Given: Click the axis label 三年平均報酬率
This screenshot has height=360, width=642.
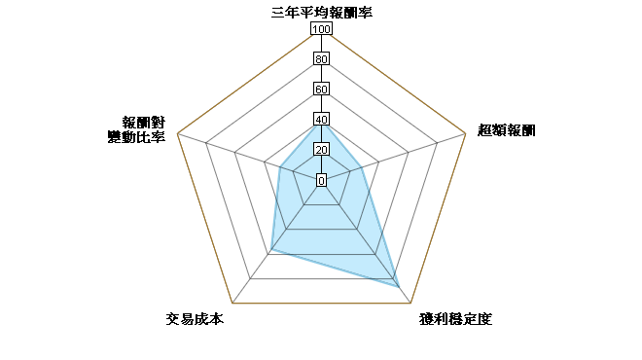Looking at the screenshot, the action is pyautogui.click(x=321, y=13).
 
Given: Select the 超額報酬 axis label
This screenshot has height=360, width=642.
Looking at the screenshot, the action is pyautogui.click(x=507, y=130).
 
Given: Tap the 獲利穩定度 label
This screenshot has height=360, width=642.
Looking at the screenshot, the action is pyautogui.click(x=455, y=318).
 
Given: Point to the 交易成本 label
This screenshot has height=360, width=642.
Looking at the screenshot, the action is pyautogui.click(x=195, y=318).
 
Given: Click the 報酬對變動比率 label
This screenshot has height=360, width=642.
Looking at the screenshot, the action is pyautogui.click(x=136, y=129).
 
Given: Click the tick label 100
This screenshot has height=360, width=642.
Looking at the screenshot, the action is pyautogui.click(x=321, y=28).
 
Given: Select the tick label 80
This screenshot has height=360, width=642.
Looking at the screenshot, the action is pyautogui.click(x=321, y=59).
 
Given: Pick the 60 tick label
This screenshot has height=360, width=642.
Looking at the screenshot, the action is pyautogui.click(x=321, y=90).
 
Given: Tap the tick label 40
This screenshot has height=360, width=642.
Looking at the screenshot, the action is pyautogui.click(x=321, y=120).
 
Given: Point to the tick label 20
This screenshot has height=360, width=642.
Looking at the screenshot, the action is pyautogui.click(x=321, y=150).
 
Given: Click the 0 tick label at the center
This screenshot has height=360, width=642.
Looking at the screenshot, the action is pyautogui.click(x=321, y=180).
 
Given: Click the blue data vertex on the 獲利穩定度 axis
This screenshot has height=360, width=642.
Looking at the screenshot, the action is pyautogui.click(x=399, y=287).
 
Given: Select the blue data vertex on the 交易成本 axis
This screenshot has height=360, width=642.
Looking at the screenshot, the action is pyautogui.click(x=271, y=249).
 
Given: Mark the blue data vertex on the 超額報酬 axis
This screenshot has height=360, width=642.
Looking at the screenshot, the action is pyautogui.click(x=361, y=167).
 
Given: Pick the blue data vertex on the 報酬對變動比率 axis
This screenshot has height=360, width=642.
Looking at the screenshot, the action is pyautogui.click(x=280, y=167).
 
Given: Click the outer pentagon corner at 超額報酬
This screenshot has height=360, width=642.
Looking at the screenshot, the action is pyautogui.click(x=466, y=133).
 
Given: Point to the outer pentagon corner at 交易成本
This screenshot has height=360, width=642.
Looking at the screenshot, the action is pyautogui.click(x=232, y=303).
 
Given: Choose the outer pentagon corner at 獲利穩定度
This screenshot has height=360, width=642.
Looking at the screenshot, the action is pyautogui.click(x=410, y=303).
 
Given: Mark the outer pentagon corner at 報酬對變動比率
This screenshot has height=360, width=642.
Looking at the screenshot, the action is pyautogui.click(x=177, y=133).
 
